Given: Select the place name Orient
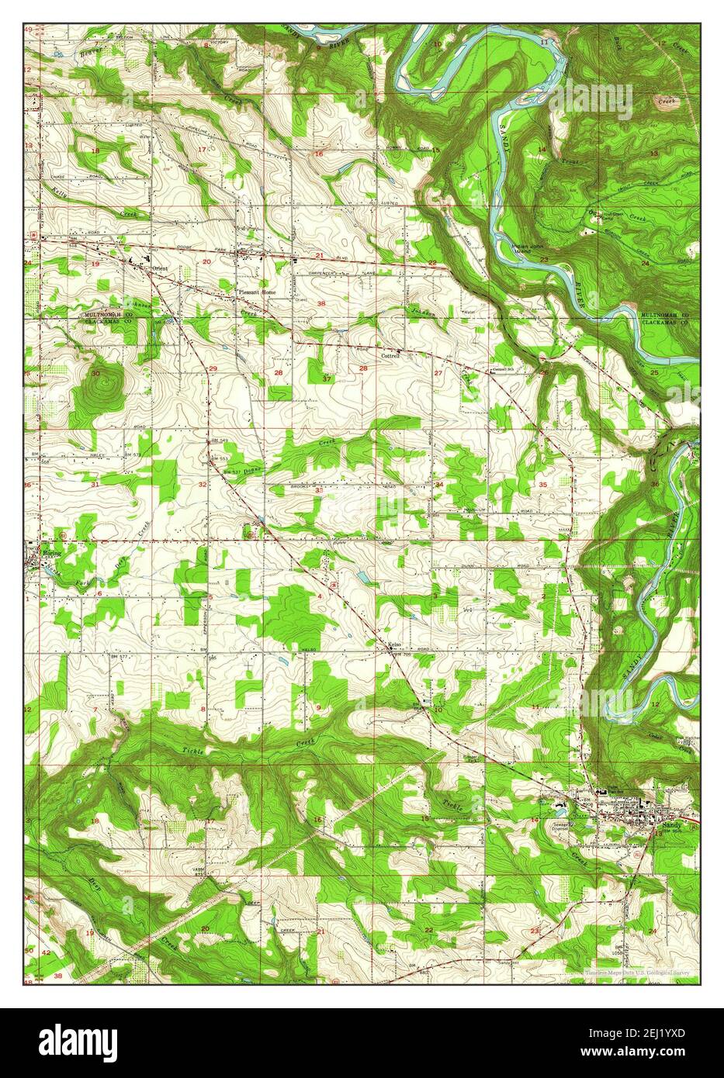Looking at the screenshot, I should (160, 268).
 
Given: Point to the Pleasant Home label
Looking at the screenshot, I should (256, 292).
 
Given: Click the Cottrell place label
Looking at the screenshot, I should (390, 355).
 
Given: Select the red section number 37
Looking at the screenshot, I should (327, 378).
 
